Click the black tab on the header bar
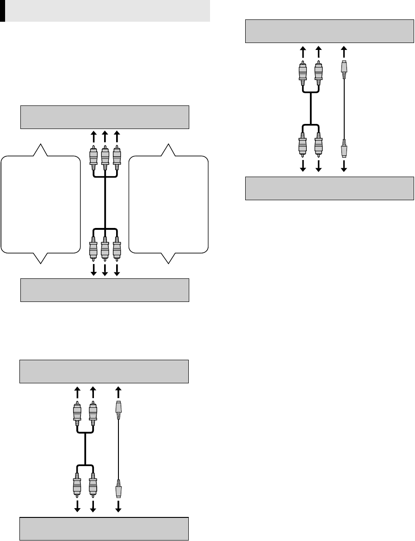(2, 11)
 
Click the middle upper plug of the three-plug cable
(105, 157)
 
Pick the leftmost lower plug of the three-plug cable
(93, 250)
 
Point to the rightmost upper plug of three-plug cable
(117, 157)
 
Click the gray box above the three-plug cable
(105, 117)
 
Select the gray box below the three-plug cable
(105, 290)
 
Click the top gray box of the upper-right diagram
(329, 31)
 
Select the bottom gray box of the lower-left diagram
(104, 529)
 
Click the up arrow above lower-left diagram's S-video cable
(118, 391)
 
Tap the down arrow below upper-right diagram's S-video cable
(344, 166)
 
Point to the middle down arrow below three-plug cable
(105, 270)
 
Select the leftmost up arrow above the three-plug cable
(93, 136)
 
